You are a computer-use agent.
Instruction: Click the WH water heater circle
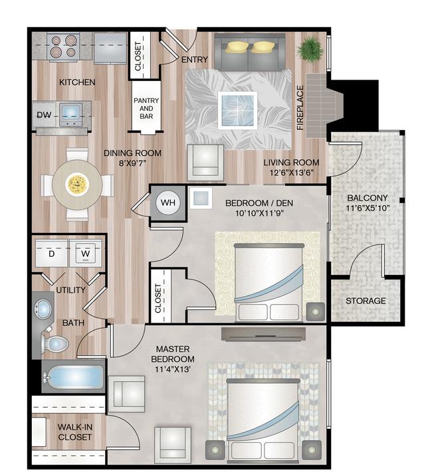coord(168,202)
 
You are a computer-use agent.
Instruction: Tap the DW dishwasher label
coord(44,115)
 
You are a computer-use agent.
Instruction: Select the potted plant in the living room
coord(310,49)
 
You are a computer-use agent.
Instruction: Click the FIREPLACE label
coord(300,108)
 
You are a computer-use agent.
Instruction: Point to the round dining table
coord(77,185)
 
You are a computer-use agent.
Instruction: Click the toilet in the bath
coord(55,343)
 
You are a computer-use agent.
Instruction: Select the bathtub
coord(74,376)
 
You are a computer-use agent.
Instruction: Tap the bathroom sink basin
coord(43,309)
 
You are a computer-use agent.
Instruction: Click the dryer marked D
coord(51,254)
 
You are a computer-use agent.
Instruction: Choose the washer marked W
coord(86,254)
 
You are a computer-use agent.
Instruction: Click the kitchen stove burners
coord(63,46)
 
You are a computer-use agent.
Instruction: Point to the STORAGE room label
coord(366,301)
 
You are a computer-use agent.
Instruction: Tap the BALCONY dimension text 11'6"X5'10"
coord(368,208)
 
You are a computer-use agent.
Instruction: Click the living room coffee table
coord(237,110)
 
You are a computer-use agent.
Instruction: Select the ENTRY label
coord(195,60)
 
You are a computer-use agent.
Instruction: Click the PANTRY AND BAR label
coord(146,108)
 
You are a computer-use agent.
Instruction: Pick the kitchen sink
coord(71,114)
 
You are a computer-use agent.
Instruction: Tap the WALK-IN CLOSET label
coord(74,432)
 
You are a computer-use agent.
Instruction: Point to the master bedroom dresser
coord(263,334)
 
